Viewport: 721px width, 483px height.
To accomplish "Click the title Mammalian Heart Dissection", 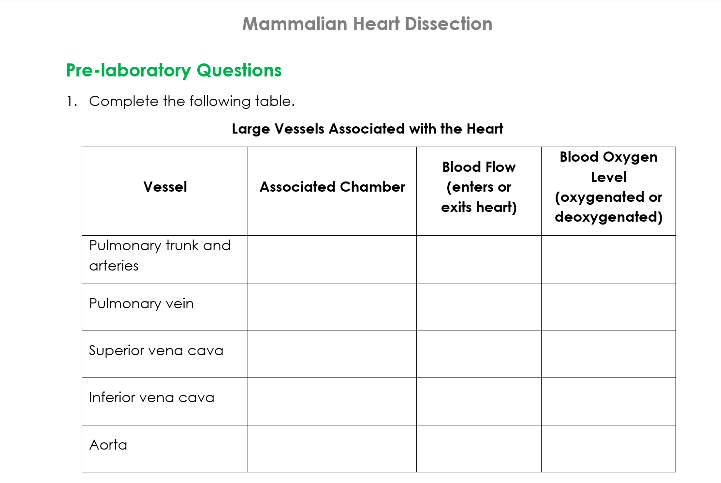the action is (367, 24).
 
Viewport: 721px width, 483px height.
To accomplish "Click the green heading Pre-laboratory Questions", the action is (174, 71).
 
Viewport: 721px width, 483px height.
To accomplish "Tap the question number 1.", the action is (71, 101).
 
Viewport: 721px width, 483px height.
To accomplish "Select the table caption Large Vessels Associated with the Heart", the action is (367, 129).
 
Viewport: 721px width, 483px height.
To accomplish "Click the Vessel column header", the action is (165, 187).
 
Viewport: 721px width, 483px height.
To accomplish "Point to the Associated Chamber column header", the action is (332, 187).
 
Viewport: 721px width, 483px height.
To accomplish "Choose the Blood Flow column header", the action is (479, 187).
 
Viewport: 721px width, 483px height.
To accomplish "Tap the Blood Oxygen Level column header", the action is (608, 187).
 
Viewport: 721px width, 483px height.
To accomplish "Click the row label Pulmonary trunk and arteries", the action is (160, 256).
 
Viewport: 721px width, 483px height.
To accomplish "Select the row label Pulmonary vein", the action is (141, 303).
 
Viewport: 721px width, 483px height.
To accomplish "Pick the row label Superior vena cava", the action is (156, 350).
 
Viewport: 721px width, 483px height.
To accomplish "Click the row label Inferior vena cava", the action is (151, 397).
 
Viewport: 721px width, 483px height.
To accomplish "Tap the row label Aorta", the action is (108, 445).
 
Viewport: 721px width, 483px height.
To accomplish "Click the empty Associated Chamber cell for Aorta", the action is (332, 449).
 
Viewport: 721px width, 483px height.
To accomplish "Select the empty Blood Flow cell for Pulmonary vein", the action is (479, 307).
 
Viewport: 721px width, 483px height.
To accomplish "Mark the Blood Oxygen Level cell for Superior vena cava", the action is (608, 354).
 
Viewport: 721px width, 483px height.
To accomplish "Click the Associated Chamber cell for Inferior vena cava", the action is (332, 401).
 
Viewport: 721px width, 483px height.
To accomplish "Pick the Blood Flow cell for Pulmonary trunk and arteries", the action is (479, 259).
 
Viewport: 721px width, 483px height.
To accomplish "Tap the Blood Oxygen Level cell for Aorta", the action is (608, 449).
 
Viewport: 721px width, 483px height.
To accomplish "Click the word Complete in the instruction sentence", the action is (123, 101).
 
